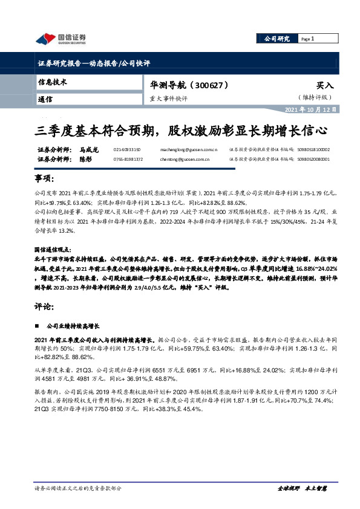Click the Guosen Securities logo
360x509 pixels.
[x=61, y=39]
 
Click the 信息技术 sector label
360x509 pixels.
[x=53, y=82]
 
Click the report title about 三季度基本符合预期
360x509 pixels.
[x=180, y=129]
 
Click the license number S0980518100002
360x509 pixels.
[x=313, y=149]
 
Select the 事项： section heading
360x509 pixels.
[x=45, y=180]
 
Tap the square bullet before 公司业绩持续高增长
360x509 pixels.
[x=39, y=325]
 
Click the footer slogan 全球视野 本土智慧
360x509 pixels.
[x=302, y=486]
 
